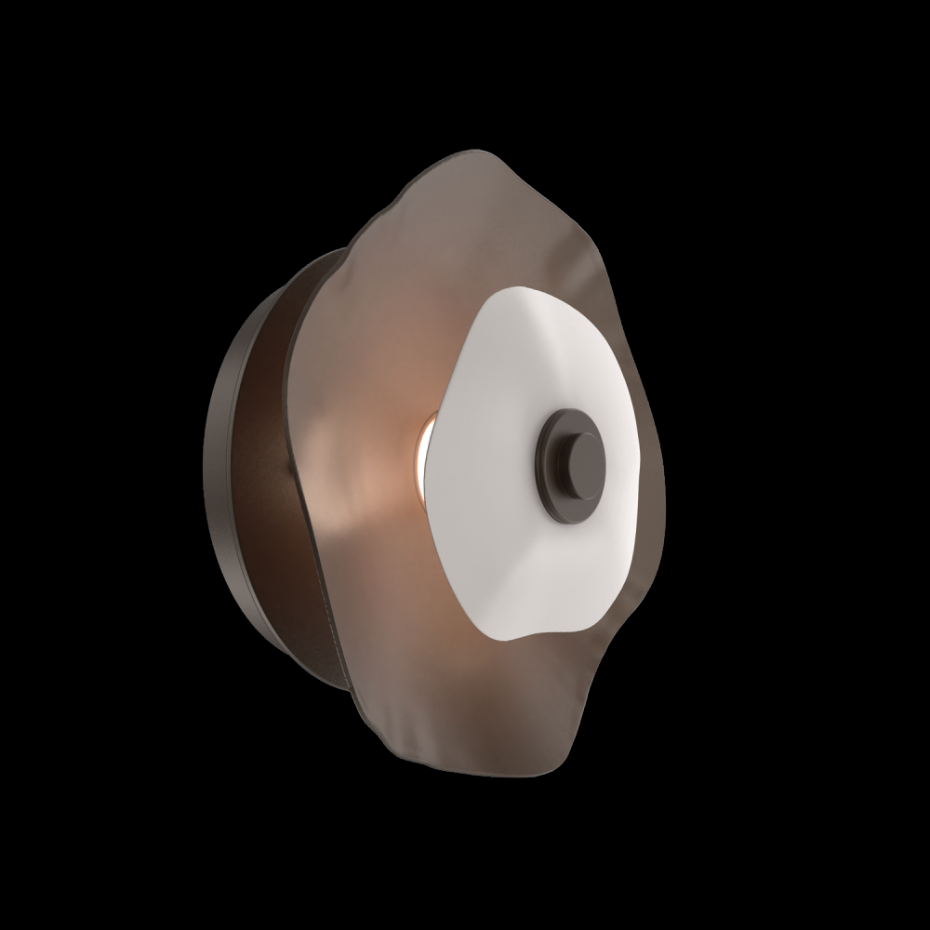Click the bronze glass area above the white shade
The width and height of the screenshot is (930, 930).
484,232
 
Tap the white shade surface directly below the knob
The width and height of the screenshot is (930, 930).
577,558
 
